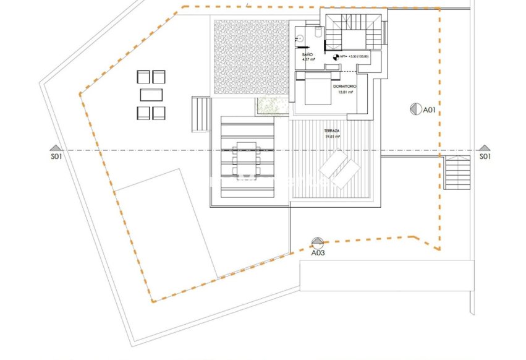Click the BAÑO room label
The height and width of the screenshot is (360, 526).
(x=307, y=55)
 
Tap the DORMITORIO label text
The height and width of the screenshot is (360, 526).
(x=343, y=87)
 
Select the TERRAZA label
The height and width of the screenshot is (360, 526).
(x=333, y=132)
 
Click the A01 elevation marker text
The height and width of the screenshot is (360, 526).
(x=430, y=109)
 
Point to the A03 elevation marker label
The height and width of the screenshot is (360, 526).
(x=318, y=252)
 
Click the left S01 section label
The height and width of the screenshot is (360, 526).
(x=56, y=157)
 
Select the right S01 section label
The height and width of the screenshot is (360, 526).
(x=485, y=157)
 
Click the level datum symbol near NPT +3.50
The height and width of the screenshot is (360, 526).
(x=337, y=57)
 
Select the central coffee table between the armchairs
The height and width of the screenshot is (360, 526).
(x=151, y=95)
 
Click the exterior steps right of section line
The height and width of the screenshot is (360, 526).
(x=457, y=173)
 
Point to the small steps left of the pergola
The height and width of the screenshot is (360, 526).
(x=201, y=114)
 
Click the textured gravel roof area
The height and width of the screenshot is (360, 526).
(x=250, y=58)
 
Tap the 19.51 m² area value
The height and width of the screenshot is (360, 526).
(x=333, y=137)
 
